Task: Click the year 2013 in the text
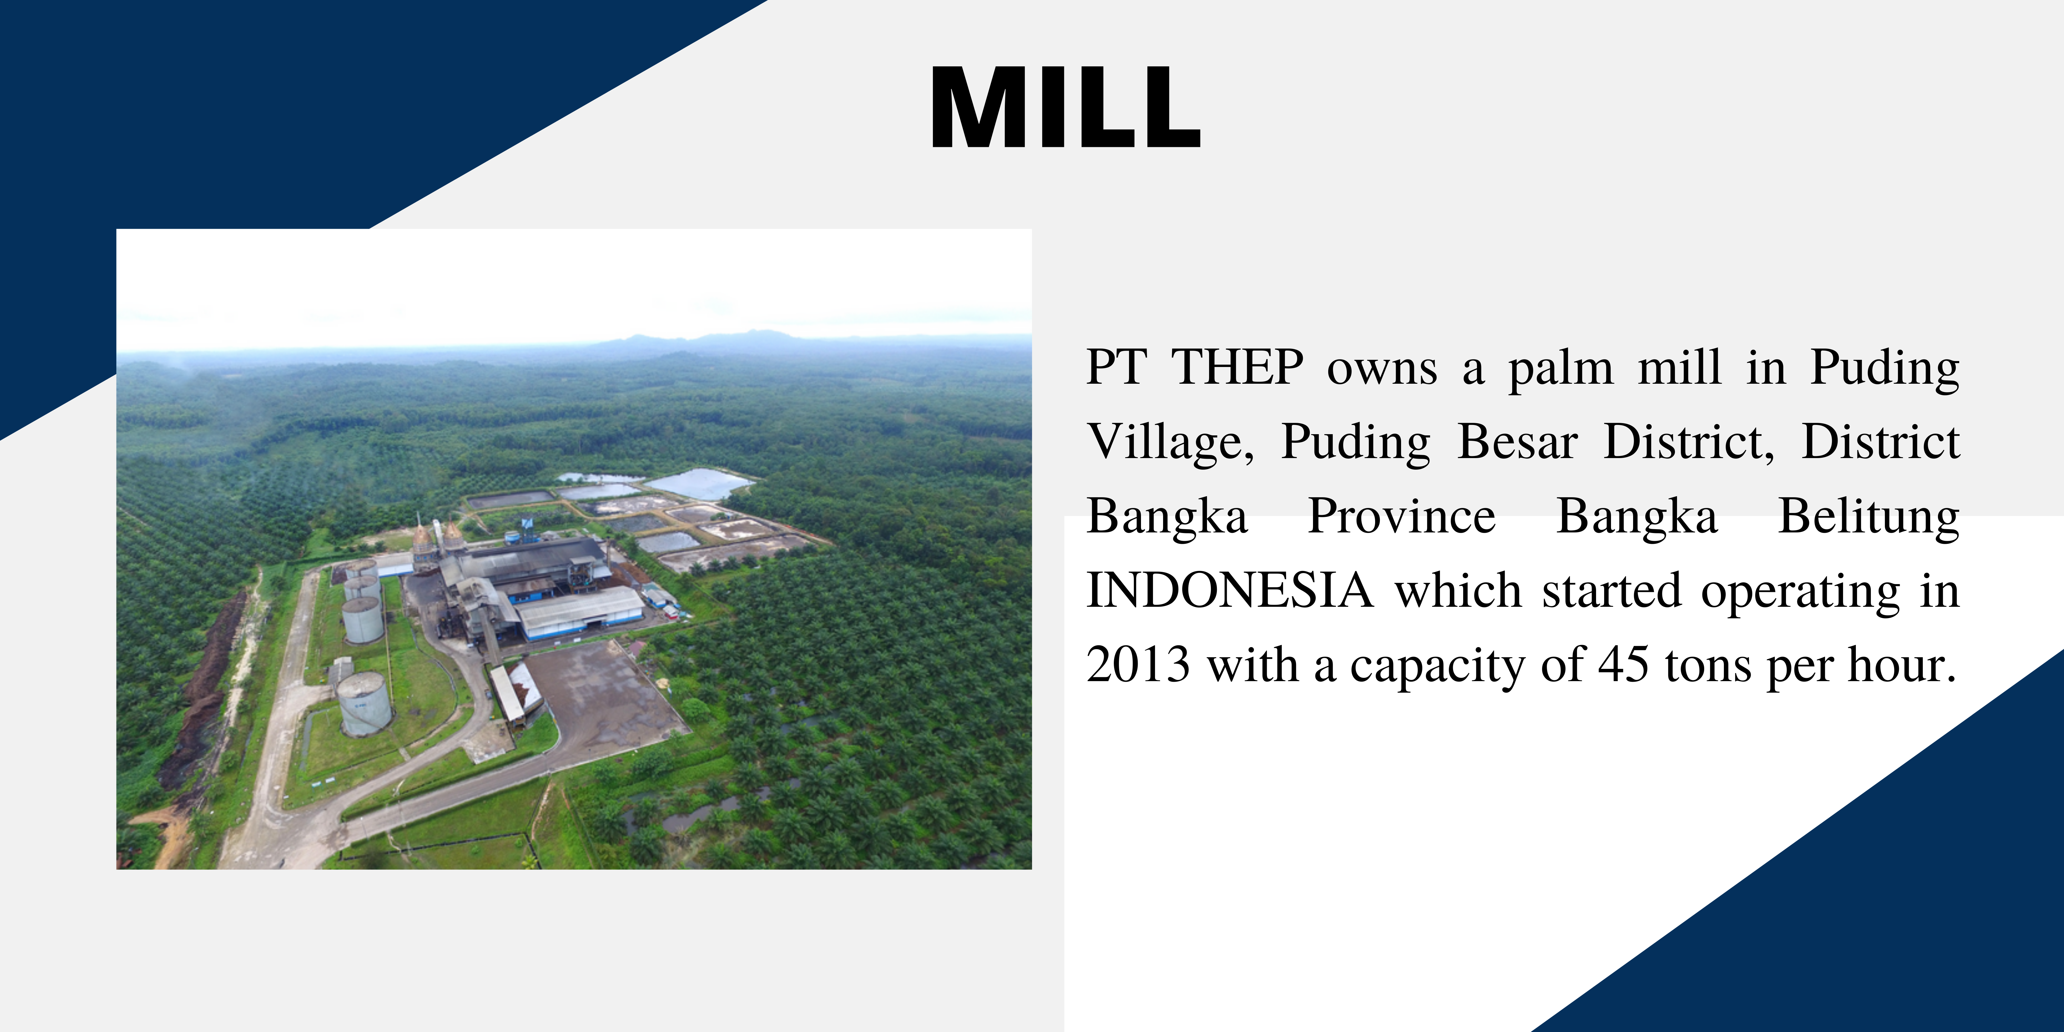pos(1138,665)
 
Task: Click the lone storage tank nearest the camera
pos(365,704)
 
